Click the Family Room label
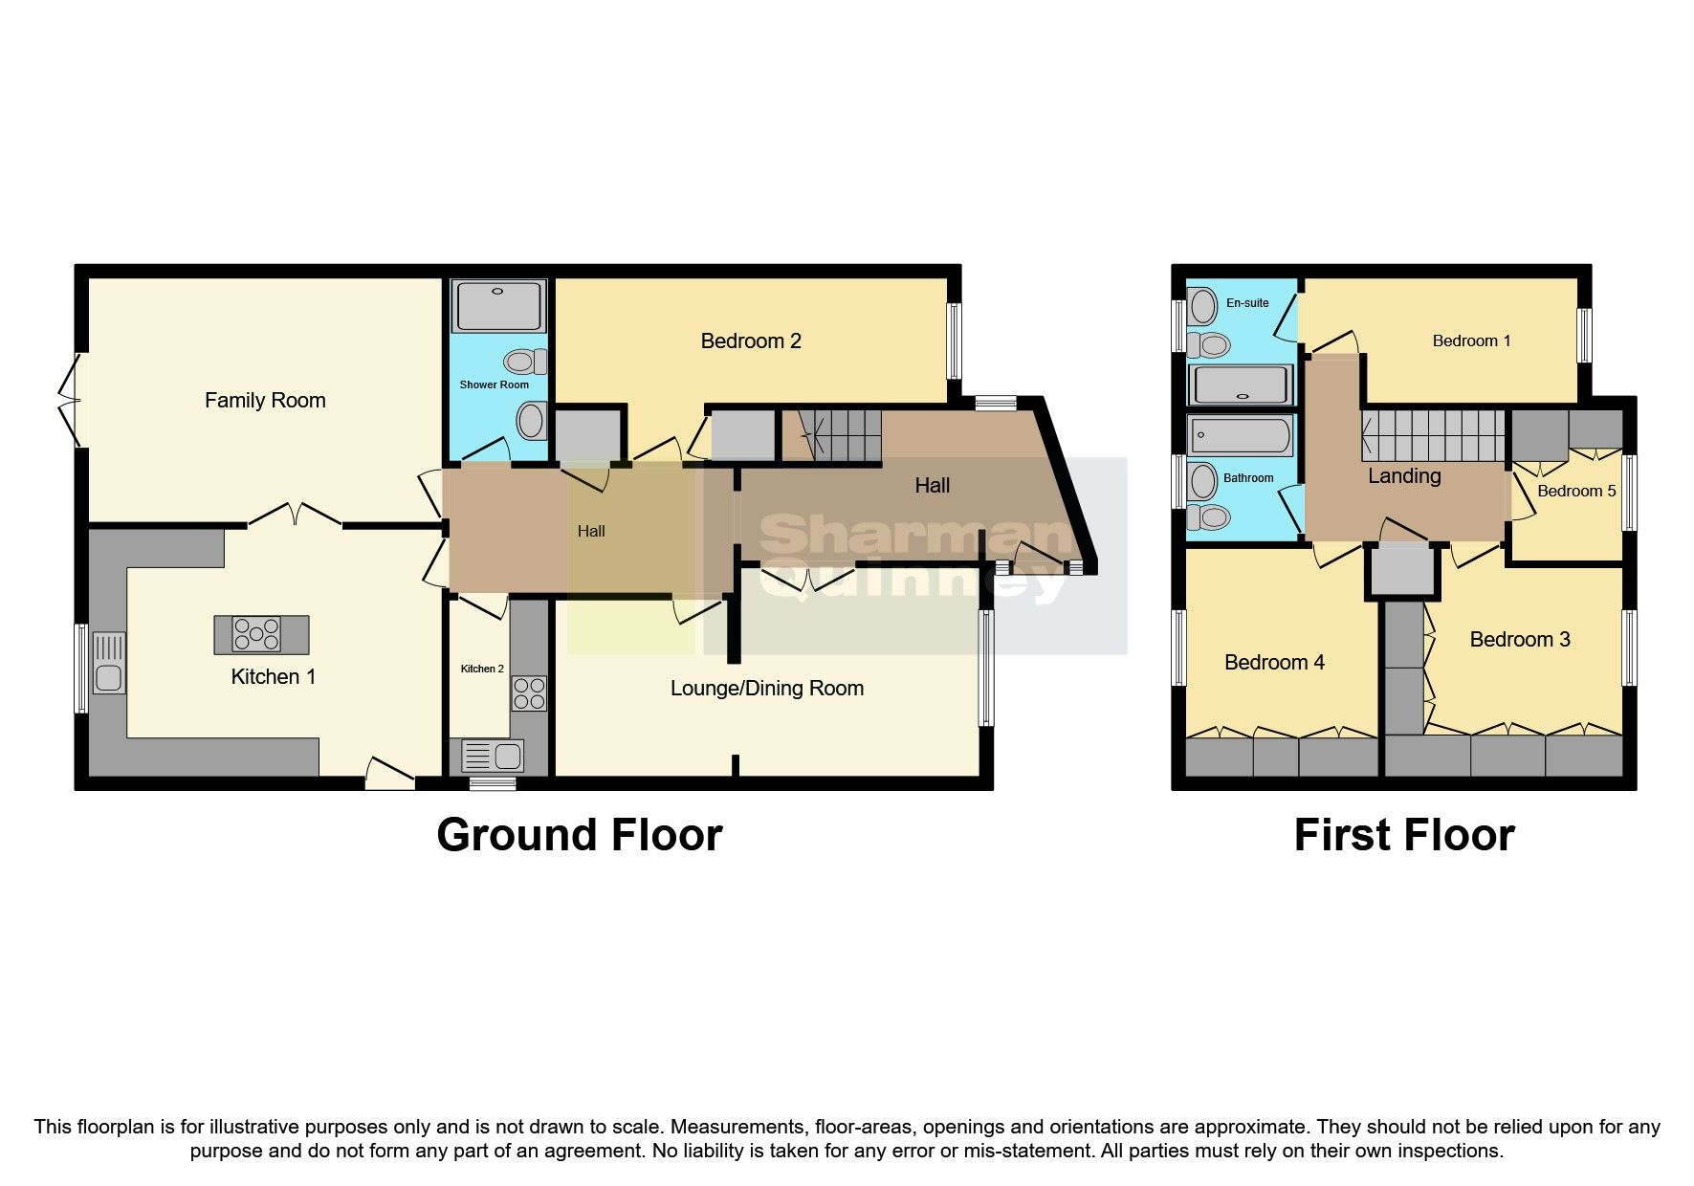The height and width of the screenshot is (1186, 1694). (265, 400)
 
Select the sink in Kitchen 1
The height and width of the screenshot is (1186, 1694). (109, 663)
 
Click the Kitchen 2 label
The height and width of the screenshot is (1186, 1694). (482, 669)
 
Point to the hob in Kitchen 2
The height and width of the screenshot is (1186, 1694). (529, 693)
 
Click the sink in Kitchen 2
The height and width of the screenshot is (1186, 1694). (493, 757)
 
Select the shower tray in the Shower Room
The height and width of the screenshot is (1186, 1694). (499, 305)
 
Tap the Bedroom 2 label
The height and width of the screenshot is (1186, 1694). (751, 340)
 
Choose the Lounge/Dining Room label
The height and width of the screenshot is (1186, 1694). (767, 688)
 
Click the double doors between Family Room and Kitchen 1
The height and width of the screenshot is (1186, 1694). (295, 516)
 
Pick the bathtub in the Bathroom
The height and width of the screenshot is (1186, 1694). (1240, 436)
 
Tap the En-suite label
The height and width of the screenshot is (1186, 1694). (1247, 303)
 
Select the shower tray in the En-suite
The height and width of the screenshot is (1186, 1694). (1240, 385)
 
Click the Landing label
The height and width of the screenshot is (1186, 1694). (1404, 475)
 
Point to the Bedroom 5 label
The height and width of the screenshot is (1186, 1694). (1575, 491)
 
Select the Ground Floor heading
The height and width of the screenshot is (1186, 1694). (579, 835)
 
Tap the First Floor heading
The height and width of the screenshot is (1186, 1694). (1403, 835)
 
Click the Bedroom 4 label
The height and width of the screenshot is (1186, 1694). (1274, 662)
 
